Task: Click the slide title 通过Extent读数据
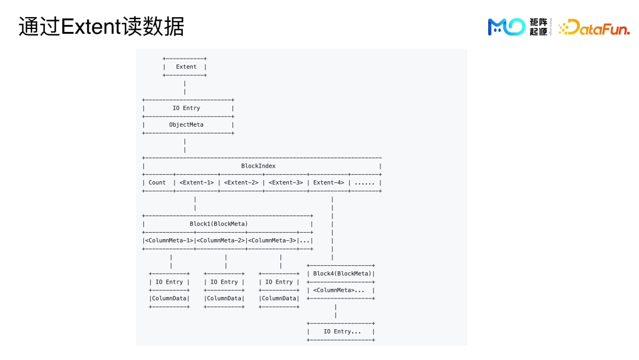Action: (x=101, y=27)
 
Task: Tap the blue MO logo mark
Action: (x=506, y=27)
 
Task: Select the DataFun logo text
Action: (x=594, y=27)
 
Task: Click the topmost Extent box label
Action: (x=186, y=67)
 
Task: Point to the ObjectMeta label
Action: (x=186, y=125)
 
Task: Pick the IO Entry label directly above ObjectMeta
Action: (x=186, y=108)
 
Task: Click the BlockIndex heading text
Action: (x=259, y=166)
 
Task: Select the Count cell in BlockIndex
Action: (x=157, y=183)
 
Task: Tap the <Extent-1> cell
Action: (x=196, y=183)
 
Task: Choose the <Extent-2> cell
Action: (x=241, y=183)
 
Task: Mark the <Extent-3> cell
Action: (x=286, y=183)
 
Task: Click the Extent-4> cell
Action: (x=328, y=183)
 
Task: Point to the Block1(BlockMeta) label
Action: (x=219, y=224)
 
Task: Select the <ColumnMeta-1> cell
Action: (x=169, y=241)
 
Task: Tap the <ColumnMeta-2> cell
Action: (x=221, y=241)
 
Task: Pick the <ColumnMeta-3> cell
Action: (x=272, y=241)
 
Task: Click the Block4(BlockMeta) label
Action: (x=342, y=274)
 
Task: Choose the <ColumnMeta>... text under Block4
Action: (x=338, y=291)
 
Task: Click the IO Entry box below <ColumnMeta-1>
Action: (x=169, y=282)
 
